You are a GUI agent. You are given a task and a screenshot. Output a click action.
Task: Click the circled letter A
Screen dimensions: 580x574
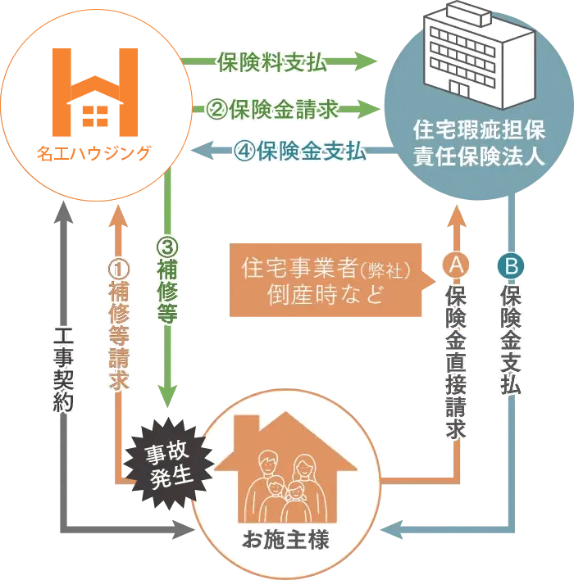click(x=455, y=265)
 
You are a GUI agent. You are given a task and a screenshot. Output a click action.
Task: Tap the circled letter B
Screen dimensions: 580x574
click(x=509, y=265)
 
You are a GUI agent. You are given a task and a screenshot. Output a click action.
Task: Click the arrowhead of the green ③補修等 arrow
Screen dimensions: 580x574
click(x=169, y=395)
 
